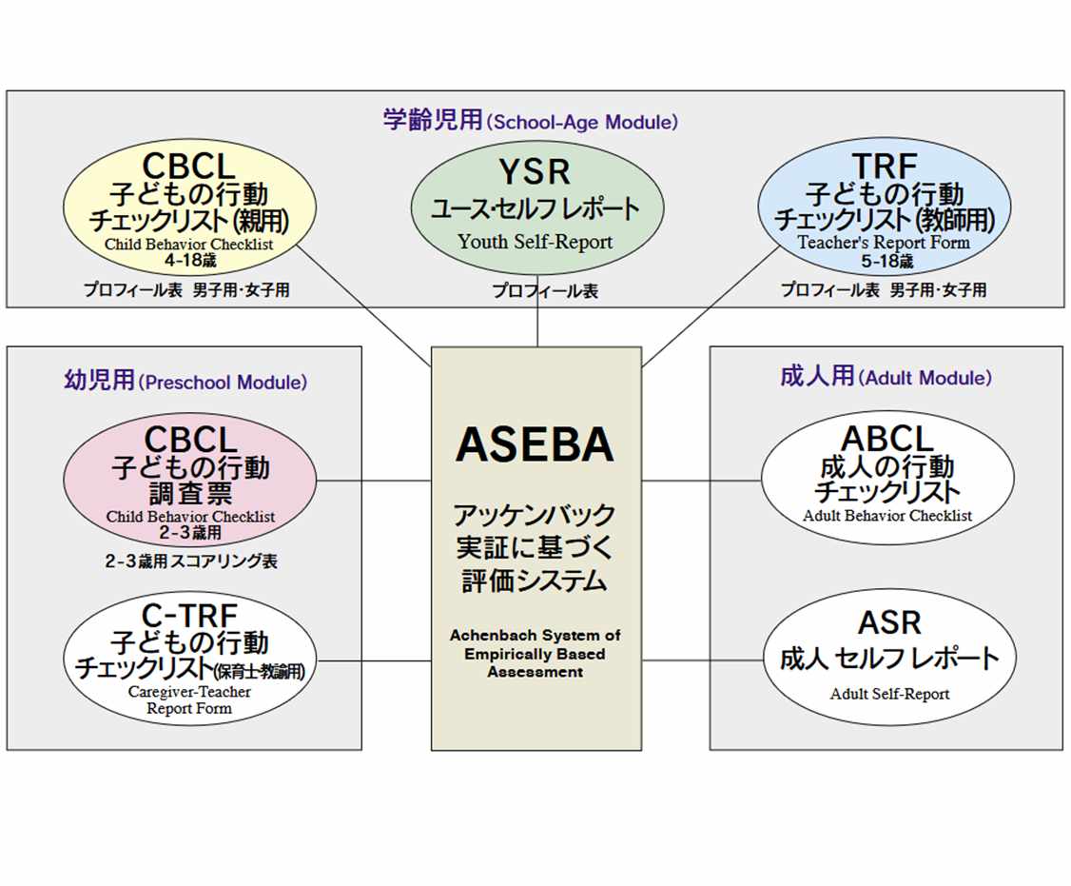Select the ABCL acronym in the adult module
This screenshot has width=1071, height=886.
tap(887, 440)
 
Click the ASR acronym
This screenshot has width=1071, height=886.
tap(889, 622)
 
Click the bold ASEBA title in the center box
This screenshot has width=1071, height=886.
tap(535, 445)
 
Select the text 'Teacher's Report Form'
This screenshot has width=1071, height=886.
tap(884, 242)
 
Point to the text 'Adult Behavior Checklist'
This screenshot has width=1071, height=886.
tap(887, 516)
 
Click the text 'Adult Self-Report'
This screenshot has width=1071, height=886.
tap(889, 694)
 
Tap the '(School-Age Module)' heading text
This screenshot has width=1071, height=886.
tap(581, 123)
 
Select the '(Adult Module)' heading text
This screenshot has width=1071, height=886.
tap(925, 378)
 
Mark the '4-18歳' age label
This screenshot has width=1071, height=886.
tap(189, 259)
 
